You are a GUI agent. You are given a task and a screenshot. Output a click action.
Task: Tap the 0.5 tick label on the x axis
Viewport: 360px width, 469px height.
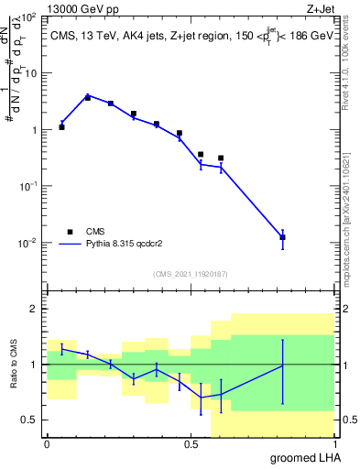click(191, 444)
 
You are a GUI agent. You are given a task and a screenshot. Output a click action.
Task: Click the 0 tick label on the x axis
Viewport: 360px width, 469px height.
click(47, 444)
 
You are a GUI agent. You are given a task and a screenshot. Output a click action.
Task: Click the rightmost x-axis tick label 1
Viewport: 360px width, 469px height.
click(334, 444)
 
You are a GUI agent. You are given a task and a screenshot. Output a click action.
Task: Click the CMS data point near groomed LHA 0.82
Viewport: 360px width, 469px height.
click(282, 237)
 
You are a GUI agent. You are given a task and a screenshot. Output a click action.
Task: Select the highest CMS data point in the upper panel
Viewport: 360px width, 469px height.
click(88, 97)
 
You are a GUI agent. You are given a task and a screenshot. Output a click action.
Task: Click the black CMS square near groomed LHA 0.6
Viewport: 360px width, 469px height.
click(221, 158)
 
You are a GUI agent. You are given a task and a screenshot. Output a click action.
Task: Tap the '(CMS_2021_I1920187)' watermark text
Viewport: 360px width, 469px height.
click(191, 273)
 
